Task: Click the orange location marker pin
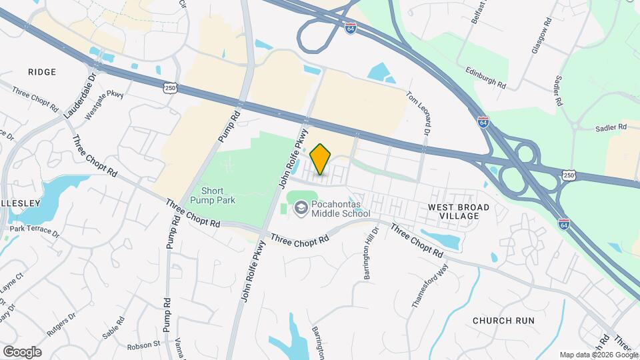click(321, 159)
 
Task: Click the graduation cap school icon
click(301, 209)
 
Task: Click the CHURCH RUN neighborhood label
click(503, 321)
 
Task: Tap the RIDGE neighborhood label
click(42, 71)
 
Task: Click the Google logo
click(22, 351)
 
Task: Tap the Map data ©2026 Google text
click(597, 355)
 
